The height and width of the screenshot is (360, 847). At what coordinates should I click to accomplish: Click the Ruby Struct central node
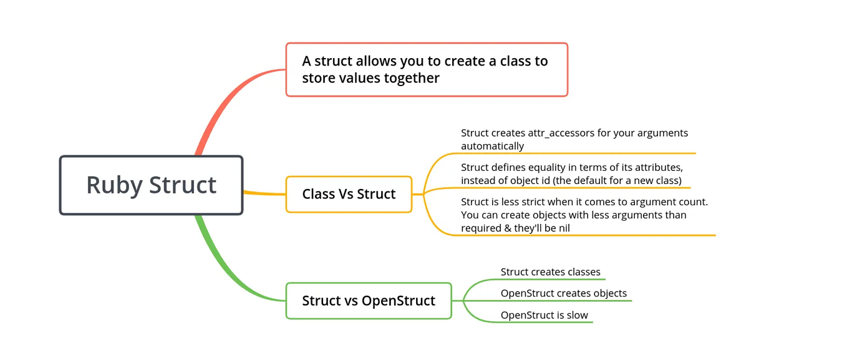coord(151,185)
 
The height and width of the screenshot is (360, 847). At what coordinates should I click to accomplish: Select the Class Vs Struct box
coord(349,194)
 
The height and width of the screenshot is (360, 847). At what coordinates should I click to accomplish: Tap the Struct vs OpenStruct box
coord(368,301)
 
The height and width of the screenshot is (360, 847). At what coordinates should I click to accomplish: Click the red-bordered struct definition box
coord(427,69)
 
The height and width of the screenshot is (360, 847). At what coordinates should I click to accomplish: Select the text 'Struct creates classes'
coord(550,272)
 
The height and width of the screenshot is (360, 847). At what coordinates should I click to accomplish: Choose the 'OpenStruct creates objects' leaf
coord(563,293)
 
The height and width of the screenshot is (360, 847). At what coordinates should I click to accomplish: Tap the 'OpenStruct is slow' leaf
coord(544,315)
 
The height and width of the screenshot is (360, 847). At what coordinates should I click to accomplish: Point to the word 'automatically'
coord(492,146)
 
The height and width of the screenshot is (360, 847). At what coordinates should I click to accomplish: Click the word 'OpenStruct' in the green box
coord(399,301)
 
